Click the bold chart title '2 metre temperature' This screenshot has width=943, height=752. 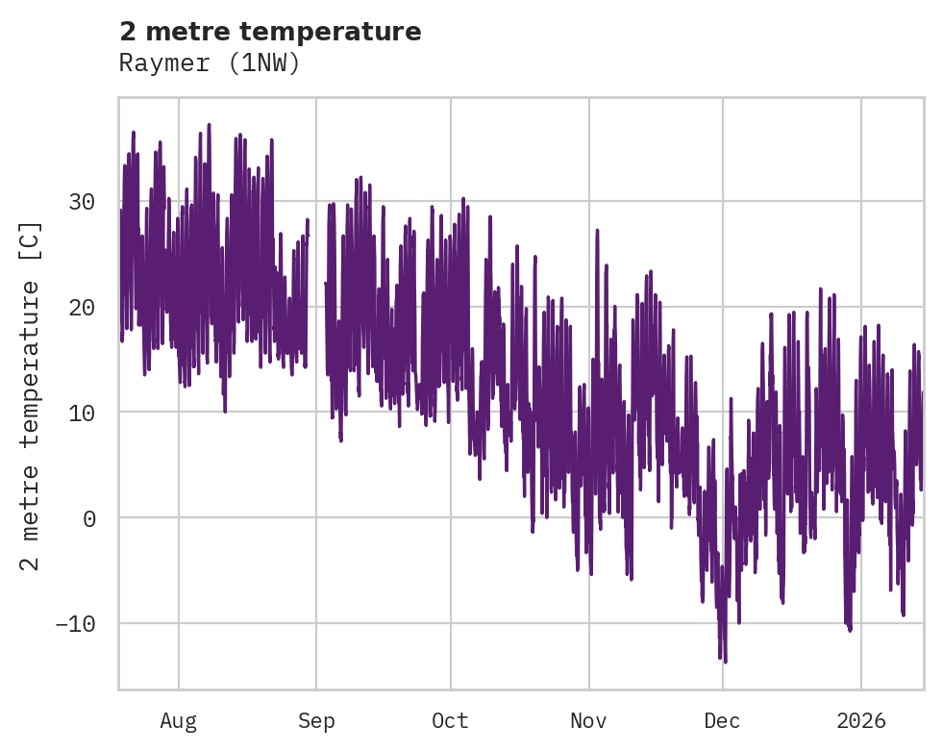coord(270,32)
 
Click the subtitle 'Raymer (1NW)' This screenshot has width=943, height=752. coord(210,63)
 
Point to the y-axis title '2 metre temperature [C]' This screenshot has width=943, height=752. coord(31,395)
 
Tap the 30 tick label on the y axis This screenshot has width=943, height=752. coord(82,202)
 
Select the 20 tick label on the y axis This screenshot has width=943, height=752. coord(82,308)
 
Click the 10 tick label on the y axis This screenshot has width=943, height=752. coord(82,413)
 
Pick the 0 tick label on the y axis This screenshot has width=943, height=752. coord(89,518)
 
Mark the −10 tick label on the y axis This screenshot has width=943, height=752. coord(75,623)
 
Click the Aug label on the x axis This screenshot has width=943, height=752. coord(178,720)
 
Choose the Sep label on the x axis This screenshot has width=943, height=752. coord(315,720)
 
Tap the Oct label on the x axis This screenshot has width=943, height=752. coord(450,720)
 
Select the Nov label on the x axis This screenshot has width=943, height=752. coord(588,720)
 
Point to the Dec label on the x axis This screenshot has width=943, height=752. coord(722,720)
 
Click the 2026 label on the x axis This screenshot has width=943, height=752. coord(860,720)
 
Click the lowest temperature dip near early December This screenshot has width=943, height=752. coord(725,660)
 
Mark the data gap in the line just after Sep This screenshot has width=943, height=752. coord(316,288)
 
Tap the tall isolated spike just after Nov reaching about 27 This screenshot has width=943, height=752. coord(597,232)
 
